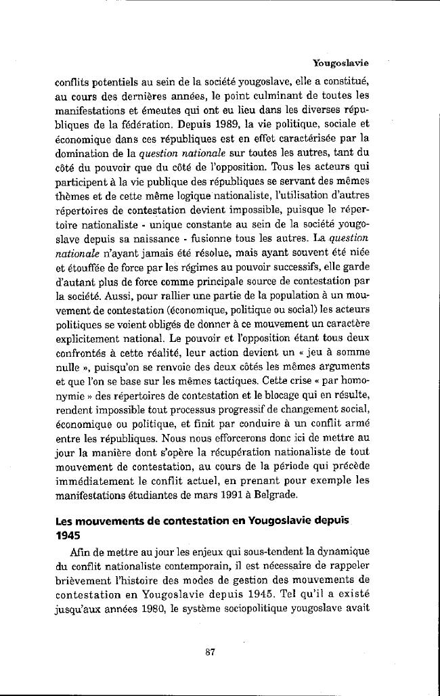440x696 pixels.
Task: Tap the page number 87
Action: tap(210, 653)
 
